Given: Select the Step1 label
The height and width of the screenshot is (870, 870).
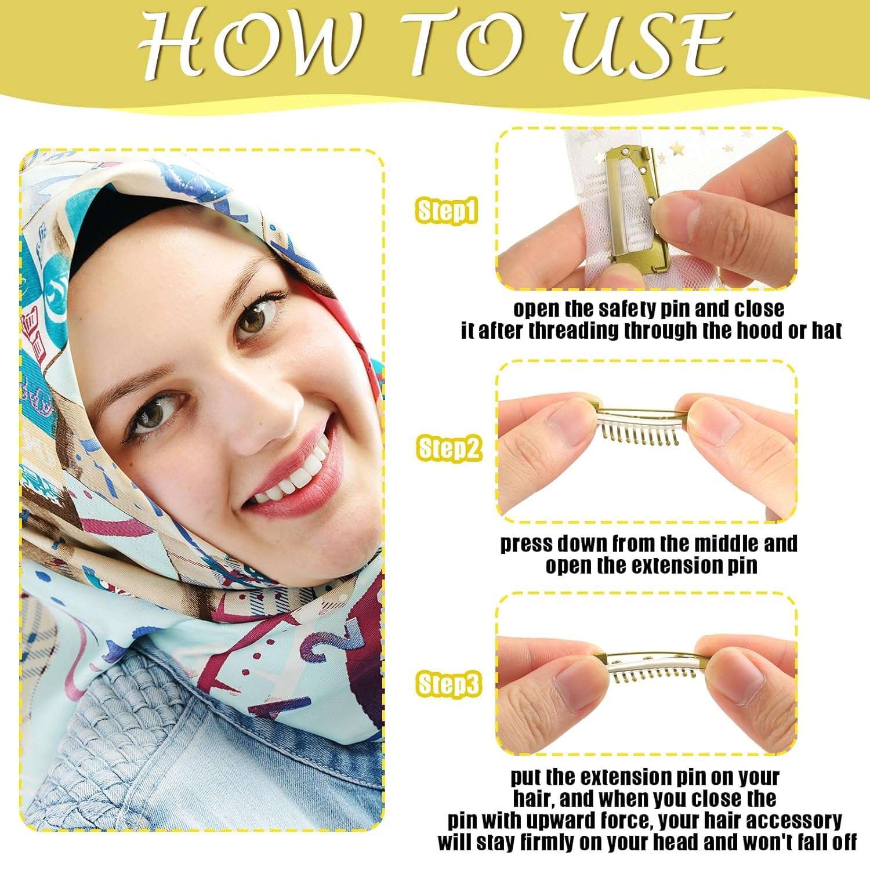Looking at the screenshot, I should pyautogui.click(x=447, y=211).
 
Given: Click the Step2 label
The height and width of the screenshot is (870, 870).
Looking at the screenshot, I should pyautogui.click(x=449, y=448).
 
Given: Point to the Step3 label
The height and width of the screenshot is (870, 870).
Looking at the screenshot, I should pyautogui.click(x=449, y=684).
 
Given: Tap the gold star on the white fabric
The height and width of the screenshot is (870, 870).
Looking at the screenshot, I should pyautogui.click(x=676, y=150).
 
